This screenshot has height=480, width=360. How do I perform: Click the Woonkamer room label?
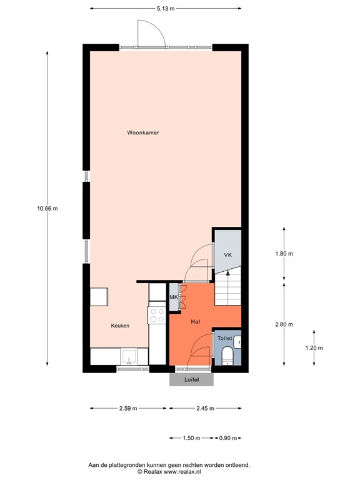pos(142,132)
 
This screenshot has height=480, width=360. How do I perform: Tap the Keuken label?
pos(120,326)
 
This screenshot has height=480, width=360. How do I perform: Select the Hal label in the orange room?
pos(195,321)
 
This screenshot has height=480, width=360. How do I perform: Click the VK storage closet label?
pos(228,255)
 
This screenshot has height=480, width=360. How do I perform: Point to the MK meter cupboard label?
pos(174,297)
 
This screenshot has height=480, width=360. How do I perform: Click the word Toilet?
pos(224,338)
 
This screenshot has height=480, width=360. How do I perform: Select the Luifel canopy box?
pos(191,379)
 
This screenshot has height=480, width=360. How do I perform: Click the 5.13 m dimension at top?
pos(165,8)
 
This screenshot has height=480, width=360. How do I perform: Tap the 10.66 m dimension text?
pos(47,209)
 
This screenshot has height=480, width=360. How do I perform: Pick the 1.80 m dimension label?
pos(284,254)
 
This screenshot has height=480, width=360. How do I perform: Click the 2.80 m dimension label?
pos(284,324)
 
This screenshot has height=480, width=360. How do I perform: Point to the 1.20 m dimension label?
pos(314,347)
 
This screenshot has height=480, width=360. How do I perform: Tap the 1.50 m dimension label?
pos(191,438)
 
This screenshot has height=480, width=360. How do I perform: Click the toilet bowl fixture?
pos(227,357)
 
